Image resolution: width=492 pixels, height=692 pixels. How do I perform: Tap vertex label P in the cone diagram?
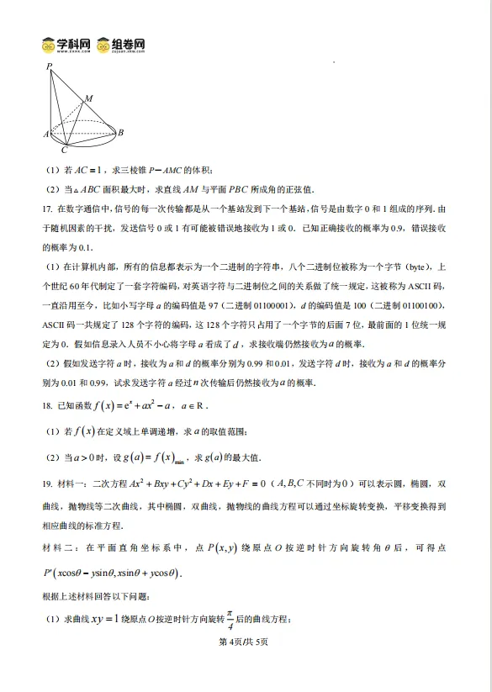49,66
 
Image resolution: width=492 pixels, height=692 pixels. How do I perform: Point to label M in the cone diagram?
90,98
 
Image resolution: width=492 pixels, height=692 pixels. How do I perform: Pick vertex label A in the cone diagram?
45,134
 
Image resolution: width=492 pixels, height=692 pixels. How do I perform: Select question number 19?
47,484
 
